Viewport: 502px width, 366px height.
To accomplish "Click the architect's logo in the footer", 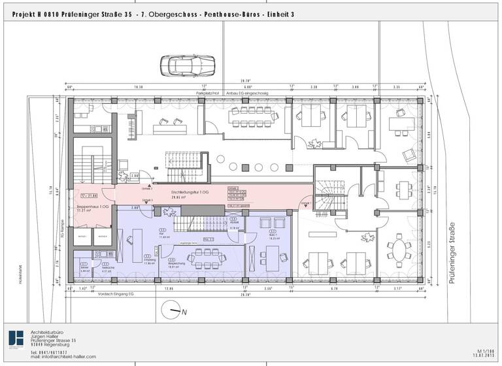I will pos(15,339).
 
